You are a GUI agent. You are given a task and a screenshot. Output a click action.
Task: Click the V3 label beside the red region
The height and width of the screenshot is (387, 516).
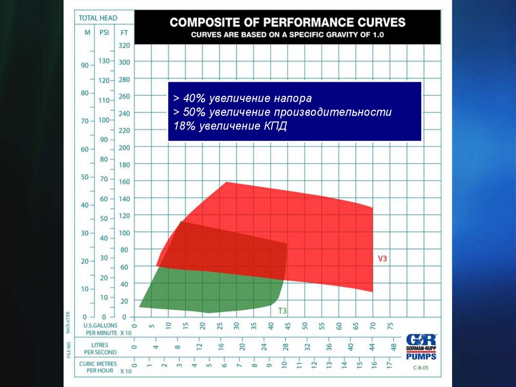tap(382, 258)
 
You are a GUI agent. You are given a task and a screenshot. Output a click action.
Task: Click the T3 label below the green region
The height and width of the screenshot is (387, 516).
tap(283, 311)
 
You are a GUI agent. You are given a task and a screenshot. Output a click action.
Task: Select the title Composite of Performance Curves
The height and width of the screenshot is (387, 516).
tap(287, 22)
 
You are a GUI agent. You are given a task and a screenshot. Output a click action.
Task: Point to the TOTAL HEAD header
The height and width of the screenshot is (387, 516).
tap(98, 18)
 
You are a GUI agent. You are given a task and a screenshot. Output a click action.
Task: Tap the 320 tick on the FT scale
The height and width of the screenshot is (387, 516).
tap(124, 45)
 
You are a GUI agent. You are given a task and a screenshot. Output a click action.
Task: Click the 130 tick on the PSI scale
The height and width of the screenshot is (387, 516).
tap(103, 61)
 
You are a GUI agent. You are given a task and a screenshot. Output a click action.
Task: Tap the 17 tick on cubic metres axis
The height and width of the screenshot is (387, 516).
tap(389, 364)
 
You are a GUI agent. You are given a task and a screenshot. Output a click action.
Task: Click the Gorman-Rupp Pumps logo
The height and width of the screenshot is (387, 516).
tap(421, 346)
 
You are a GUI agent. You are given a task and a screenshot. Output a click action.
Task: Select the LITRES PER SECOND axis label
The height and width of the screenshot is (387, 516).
tap(100, 348)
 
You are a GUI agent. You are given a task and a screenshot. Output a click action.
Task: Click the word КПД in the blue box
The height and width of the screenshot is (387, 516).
tap(275, 126)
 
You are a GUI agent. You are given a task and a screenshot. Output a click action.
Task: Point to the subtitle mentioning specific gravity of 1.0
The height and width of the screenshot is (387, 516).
tap(287, 34)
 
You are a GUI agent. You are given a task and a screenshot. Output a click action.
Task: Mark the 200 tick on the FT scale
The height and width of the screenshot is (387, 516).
tap(124, 147)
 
